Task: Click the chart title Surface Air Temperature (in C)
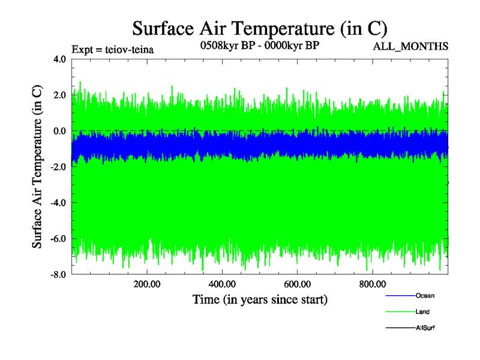260,28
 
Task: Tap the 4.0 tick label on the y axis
59,59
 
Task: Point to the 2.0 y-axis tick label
59,95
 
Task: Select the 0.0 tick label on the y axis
59,131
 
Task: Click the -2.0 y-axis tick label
58,167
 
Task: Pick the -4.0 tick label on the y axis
58,203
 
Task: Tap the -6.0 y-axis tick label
58,239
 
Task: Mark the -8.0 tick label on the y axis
58,275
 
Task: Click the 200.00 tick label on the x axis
147,284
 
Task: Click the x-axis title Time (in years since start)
260,298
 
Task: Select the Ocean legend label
425,296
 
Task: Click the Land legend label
422,312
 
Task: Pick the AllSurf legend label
425,328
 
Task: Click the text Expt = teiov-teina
113,49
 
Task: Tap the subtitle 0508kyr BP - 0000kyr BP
260,46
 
